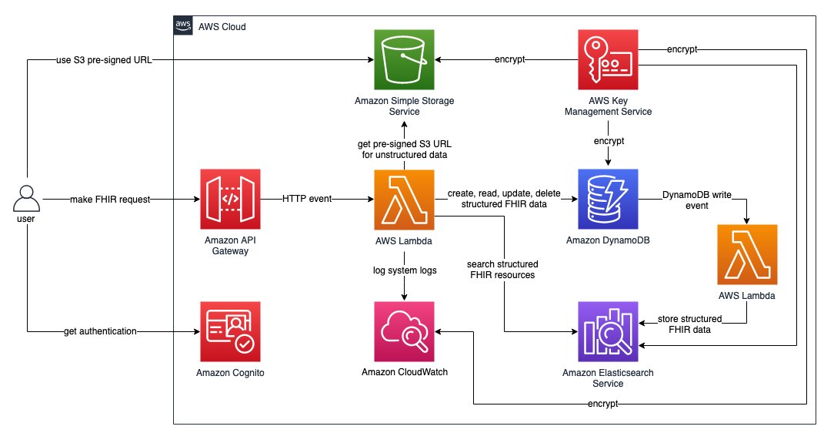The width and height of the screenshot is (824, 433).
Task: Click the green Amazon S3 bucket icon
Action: pyautogui.click(x=405, y=59)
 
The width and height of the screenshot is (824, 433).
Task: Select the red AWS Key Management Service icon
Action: pyautogui.click(x=608, y=59)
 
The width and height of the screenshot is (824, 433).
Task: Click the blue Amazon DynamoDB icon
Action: pyautogui.click(x=608, y=200)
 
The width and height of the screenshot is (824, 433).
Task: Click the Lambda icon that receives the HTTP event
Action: pyautogui.click(x=405, y=200)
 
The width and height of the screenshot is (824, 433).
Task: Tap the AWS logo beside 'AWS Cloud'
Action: pyautogui.click(x=183, y=26)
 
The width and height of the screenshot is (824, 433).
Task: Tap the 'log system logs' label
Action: pyautogui.click(x=405, y=270)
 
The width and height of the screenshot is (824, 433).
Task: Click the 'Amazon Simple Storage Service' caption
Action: pyautogui.click(x=405, y=106)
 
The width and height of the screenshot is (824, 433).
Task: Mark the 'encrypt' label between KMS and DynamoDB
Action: pyautogui.click(x=609, y=142)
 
